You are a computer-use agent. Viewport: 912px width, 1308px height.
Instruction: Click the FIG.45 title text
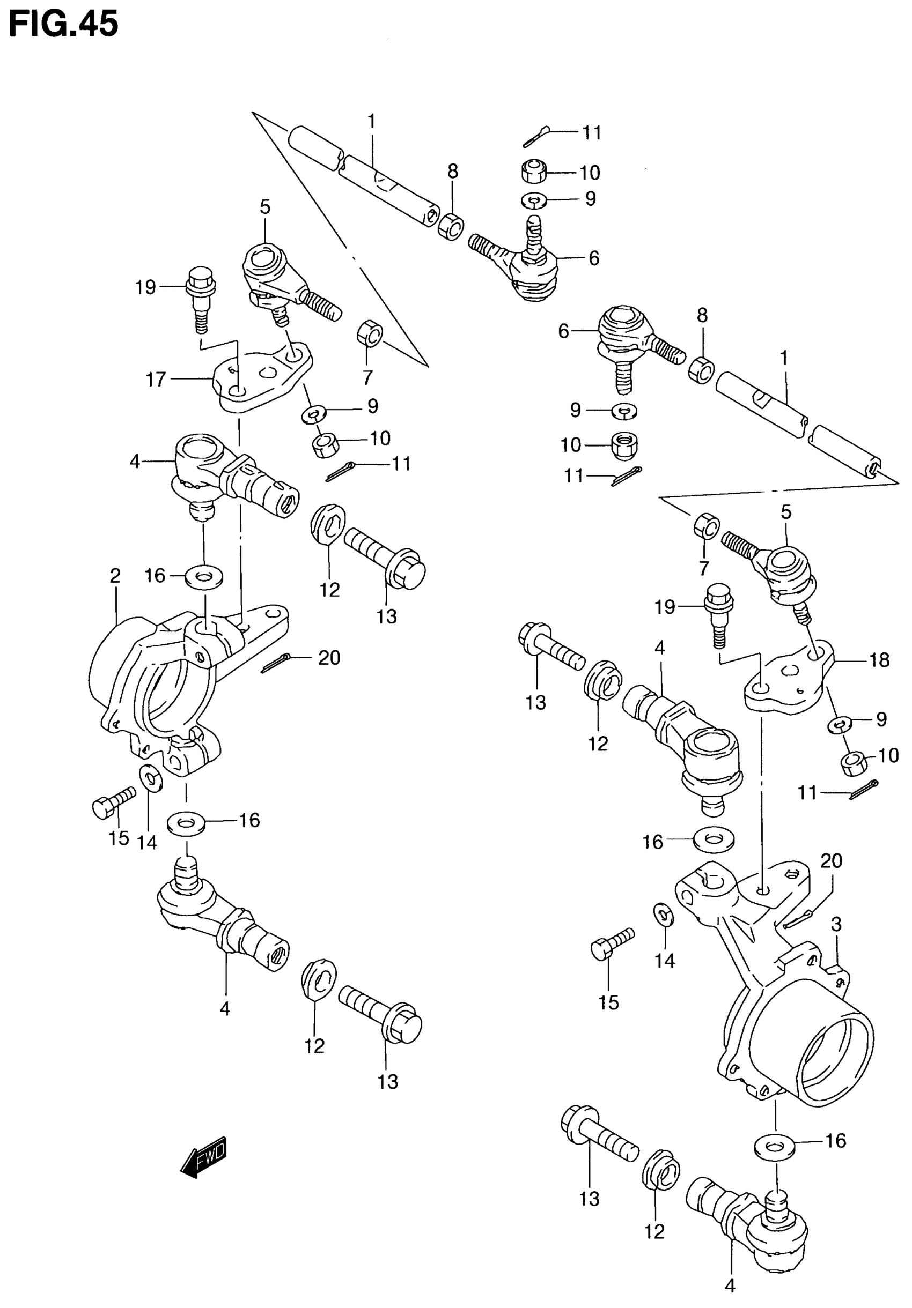coord(63,24)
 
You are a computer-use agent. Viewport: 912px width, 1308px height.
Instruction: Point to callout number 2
coord(115,576)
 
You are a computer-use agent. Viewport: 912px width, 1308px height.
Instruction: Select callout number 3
coord(836,924)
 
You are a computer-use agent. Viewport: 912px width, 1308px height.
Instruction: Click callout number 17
coord(156,380)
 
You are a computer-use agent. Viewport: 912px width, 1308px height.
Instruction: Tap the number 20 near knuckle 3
coord(831,860)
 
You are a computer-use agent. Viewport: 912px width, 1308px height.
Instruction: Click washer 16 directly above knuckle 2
coord(203,576)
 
